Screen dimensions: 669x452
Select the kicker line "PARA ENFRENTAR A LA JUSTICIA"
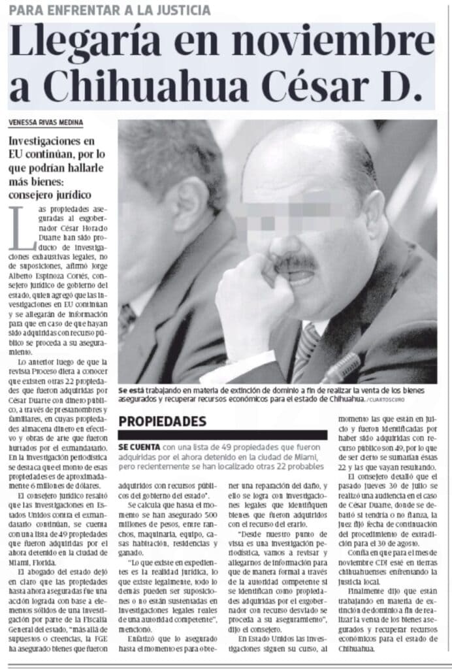point(110,10)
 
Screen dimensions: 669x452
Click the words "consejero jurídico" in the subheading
point(49,195)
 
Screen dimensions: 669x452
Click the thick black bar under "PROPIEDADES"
point(222,434)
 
